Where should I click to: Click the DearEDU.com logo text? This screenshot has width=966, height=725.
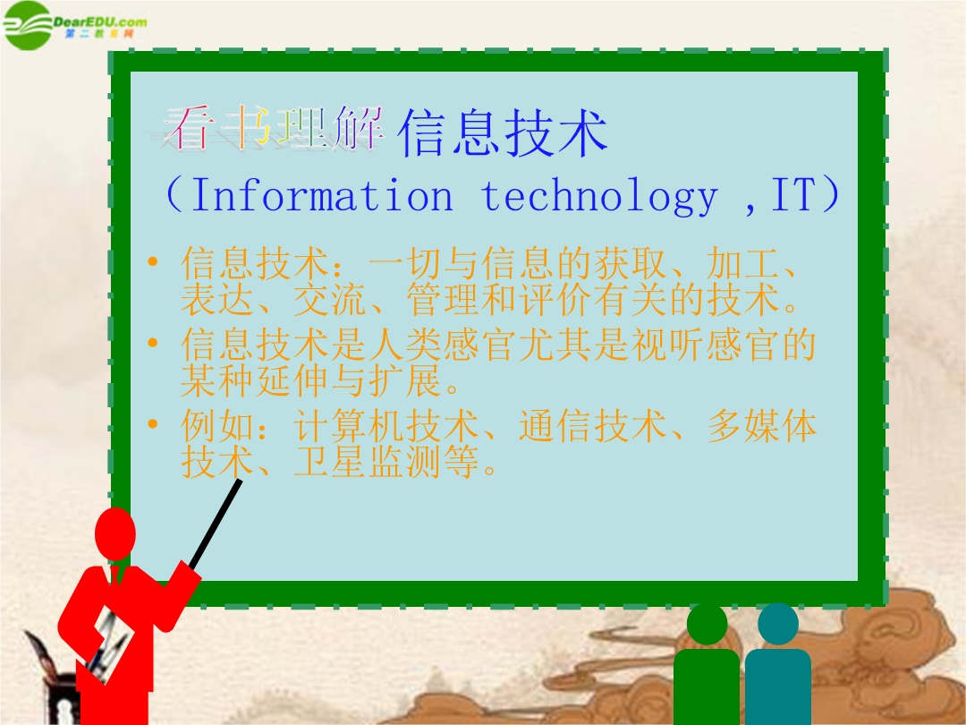[x=100, y=22]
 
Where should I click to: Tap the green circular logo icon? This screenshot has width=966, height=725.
[x=27, y=25]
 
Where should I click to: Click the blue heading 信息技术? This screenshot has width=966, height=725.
[x=503, y=132]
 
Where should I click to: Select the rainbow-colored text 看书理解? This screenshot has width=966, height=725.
[x=274, y=128]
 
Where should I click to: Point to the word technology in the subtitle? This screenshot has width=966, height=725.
[x=599, y=197]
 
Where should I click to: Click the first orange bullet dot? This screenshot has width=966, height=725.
[x=153, y=262]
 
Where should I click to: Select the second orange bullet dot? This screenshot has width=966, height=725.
[x=153, y=343]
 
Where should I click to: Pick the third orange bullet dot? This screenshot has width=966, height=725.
[x=153, y=423]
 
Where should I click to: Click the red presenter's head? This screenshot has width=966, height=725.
[x=115, y=533]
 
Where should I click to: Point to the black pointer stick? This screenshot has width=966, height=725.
[x=216, y=524]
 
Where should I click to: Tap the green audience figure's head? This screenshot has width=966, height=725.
[x=708, y=625]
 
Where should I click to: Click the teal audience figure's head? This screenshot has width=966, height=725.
[x=778, y=624]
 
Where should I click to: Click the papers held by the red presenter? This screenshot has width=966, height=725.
[x=110, y=644]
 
